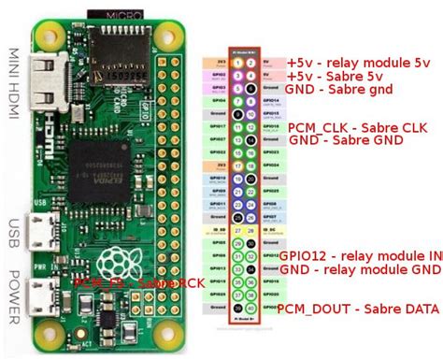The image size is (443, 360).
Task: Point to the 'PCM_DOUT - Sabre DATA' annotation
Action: click(356, 309)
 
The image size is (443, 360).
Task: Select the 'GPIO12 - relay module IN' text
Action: click(360, 255)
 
